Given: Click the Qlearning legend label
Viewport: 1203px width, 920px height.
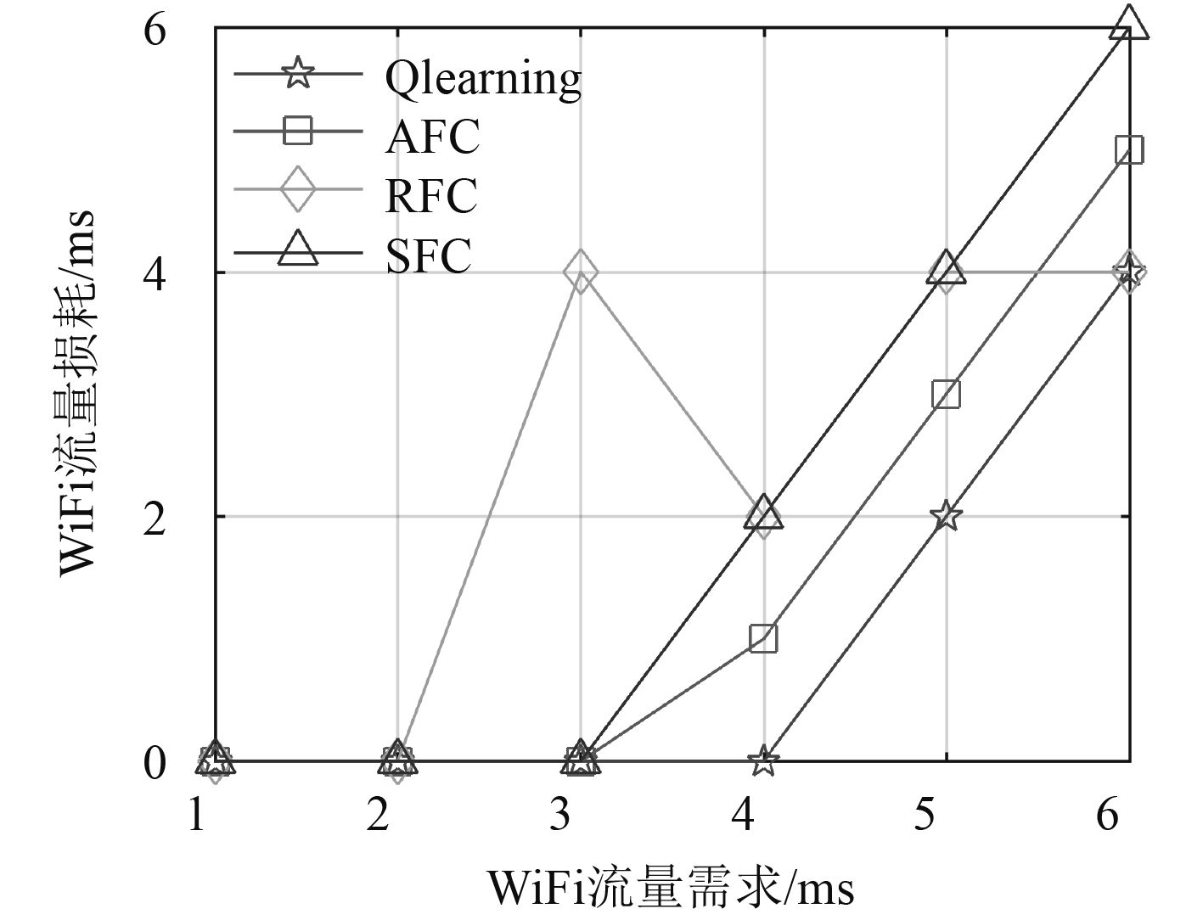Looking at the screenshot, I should click(x=482, y=78).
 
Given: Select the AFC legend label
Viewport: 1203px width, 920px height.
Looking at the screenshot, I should click(x=432, y=136).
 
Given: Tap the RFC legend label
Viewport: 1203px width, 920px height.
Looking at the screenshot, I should click(x=431, y=195).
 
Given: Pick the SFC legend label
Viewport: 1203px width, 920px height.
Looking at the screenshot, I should click(x=428, y=255).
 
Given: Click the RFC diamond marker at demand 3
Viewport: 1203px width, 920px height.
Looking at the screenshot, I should click(x=581, y=272).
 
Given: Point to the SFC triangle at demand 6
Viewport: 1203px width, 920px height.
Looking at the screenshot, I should click(x=1128, y=23).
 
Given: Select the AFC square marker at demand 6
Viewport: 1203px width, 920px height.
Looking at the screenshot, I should click(x=1128, y=150).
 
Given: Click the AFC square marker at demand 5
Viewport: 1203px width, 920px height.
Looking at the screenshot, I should click(x=946, y=394).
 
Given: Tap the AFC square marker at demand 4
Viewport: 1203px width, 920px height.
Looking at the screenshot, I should click(x=763, y=638).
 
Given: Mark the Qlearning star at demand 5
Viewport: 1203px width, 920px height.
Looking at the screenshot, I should click(x=946, y=516).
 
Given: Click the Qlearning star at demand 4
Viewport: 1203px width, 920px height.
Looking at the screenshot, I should click(x=763, y=760).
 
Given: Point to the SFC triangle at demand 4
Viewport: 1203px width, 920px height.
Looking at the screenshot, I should click(x=763, y=513).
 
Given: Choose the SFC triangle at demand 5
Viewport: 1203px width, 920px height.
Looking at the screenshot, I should click(x=946, y=269).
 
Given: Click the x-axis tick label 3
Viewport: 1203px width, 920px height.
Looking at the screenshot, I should click(x=560, y=816).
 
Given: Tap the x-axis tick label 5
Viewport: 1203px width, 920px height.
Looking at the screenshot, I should click(x=925, y=816).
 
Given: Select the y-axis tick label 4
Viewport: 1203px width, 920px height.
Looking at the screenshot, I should click(x=155, y=272).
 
